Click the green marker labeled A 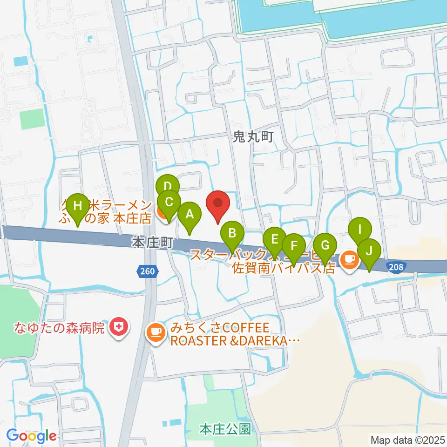[x=190, y=216]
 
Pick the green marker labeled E [x=274, y=241]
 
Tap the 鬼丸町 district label [x=253, y=136]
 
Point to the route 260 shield [x=147, y=271]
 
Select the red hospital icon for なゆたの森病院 [x=119, y=328]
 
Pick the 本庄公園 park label [x=225, y=428]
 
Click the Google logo [x=32, y=436]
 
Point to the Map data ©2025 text [x=407, y=440]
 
